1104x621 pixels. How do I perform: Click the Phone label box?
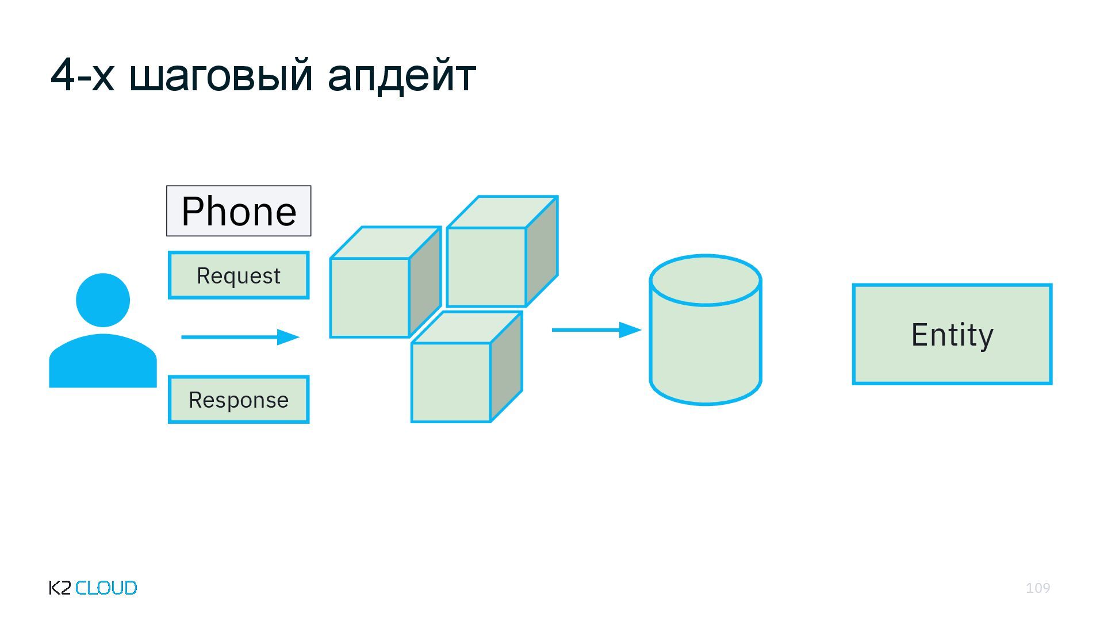(x=239, y=211)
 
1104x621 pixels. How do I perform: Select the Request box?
(x=239, y=275)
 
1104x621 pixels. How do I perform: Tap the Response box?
(x=239, y=400)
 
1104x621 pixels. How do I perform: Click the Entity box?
(x=952, y=334)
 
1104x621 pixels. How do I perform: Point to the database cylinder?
(x=706, y=345)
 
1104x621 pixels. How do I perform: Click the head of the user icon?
(x=103, y=300)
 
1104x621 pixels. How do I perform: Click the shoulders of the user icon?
(x=103, y=362)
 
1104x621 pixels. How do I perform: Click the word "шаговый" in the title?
(x=221, y=75)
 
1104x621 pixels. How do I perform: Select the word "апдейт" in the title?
(x=401, y=75)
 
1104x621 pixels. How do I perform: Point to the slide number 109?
(x=1037, y=588)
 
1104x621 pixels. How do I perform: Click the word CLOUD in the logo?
(x=106, y=588)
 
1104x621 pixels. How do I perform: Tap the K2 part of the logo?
(x=60, y=588)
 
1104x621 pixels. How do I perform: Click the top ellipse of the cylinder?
(x=706, y=281)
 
